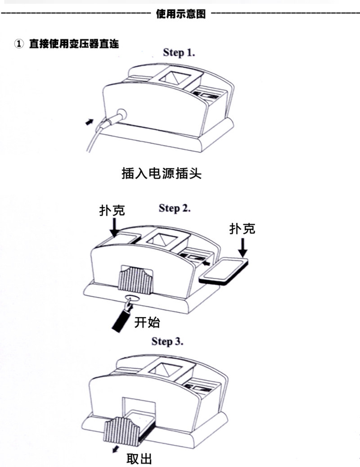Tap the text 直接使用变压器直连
click(74, 44)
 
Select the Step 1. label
click(179, 53)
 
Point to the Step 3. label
click(167, 341)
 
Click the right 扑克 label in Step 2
click(242, 229)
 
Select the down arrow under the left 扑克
click(114, 228)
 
